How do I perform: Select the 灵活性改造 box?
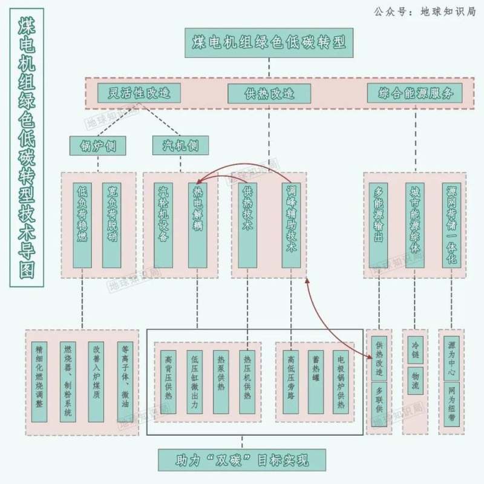(139, 93)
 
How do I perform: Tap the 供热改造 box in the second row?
(269, 93)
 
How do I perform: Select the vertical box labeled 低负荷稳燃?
(83, 225)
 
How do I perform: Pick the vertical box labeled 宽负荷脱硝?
(111, 225)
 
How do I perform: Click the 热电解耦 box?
(198, 225)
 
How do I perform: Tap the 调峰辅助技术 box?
(291, 225)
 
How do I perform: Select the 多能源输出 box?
(379, 225)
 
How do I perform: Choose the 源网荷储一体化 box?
(451, 225)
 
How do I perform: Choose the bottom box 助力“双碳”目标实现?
(242, 460)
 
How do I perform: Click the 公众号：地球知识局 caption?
(425, 11)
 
